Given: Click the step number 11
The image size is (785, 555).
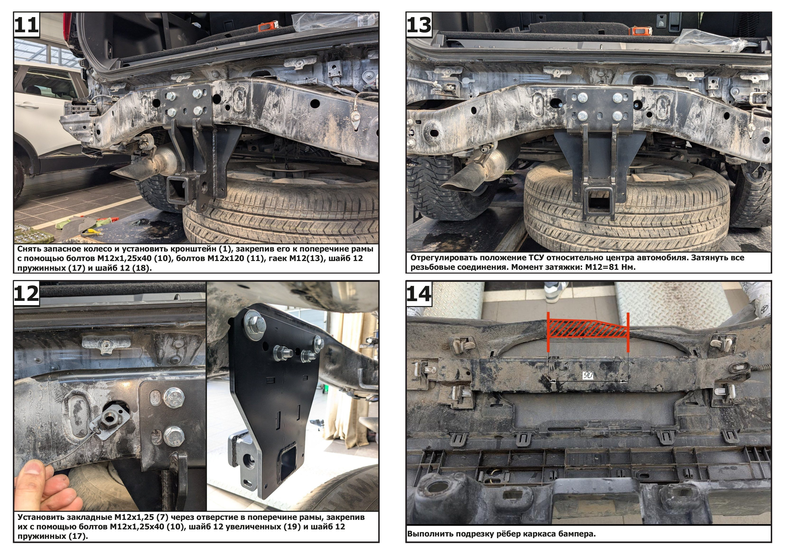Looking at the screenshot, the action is pyautogui.click(x=26, y=25).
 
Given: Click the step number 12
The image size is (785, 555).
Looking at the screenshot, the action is pyautogui.click(x=26, y=294).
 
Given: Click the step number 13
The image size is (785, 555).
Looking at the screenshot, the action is pyautogui.click(x=419, y=25).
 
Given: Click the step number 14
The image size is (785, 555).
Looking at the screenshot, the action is pyautogui.click(x=419, y=294).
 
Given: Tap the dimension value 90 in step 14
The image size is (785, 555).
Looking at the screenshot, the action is pyautogui.click(x=588, y=375).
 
